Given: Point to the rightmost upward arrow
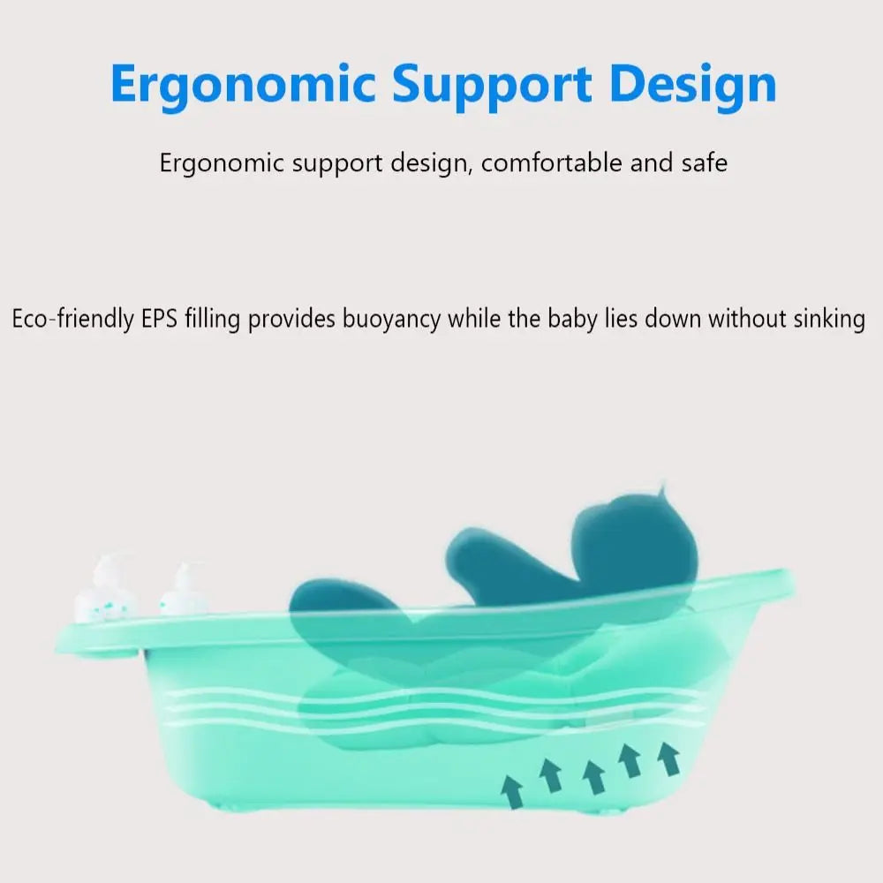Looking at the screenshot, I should click(x=670, y=758).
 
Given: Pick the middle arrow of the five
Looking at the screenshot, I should click(x=593, y=774).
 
